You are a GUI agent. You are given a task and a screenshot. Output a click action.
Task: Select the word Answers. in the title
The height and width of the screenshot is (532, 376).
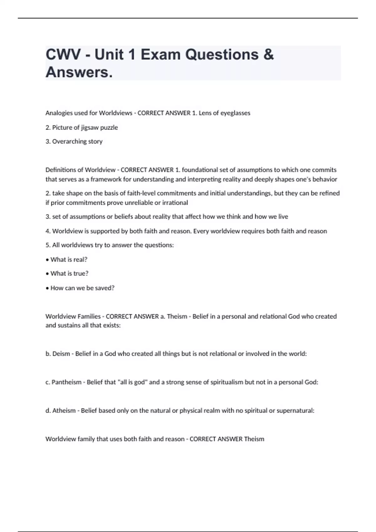[79, 72]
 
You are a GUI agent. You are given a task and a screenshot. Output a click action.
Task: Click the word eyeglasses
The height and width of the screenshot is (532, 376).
[235, 113]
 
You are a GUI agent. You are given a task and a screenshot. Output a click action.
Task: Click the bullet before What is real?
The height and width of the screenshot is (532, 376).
[47, 260]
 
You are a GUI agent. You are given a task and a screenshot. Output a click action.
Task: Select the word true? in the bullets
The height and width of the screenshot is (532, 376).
[81, 274]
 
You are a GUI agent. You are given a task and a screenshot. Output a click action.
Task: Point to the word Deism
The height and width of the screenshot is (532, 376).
[61, 354]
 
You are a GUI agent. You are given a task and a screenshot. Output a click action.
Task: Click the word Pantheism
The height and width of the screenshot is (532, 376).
[66, 382]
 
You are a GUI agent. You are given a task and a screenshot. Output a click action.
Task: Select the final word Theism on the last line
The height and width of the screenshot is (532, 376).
[254, 439]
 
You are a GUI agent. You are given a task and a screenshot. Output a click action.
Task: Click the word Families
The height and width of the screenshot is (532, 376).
[88, 316]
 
